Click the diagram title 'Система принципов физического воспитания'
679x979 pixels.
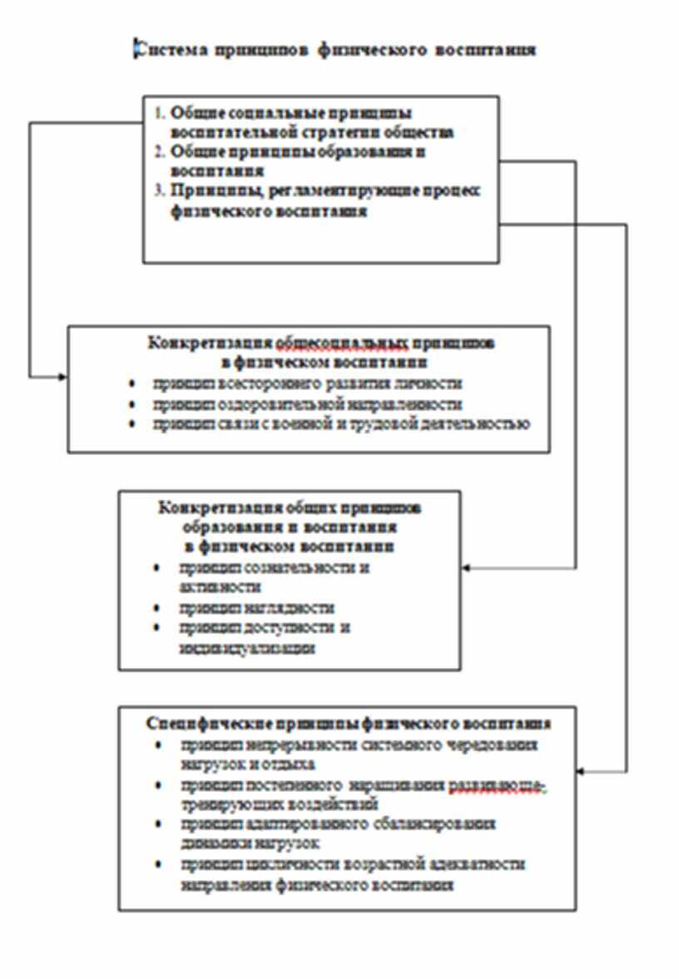tap(335, 49)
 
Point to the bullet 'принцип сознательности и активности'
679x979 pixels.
tap(273, 569)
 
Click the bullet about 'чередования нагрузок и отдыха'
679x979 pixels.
tap(358, 745)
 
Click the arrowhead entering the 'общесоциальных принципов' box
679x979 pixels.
tap(63, 378)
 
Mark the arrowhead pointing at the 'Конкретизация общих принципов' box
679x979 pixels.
tap(466, 568)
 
